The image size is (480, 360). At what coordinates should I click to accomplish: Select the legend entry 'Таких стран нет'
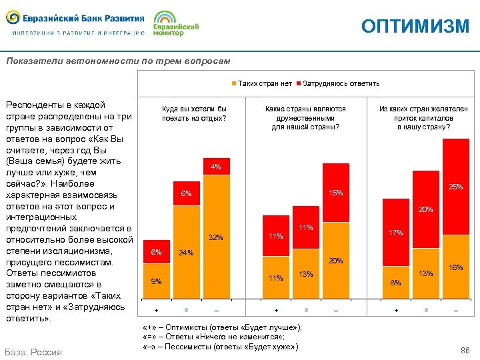point(265,83)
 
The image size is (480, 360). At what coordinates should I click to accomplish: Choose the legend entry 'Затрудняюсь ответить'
point(341,83)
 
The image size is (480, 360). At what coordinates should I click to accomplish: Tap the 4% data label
point(216,167)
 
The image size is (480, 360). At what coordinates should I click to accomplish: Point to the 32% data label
point(216,237)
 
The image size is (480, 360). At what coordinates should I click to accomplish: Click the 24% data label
point(186,253)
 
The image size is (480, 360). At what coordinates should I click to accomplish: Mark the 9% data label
point(156,281)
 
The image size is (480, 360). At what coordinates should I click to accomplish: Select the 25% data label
point(456,187)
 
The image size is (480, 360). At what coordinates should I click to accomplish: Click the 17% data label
point(396,233)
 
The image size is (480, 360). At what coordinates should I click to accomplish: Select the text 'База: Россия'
point(33,352)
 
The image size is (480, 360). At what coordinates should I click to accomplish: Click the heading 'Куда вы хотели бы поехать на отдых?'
point(194,113)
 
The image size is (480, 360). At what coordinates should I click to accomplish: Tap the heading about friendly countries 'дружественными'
point(305,118)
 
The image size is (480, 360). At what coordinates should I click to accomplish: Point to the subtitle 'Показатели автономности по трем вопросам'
point(118,61)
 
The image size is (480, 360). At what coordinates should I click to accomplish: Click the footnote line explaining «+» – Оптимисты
point(222,327)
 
